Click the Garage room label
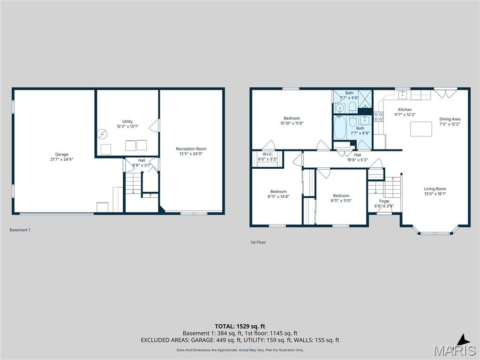tap(62, 154)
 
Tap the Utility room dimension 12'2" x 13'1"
tap(127, 127)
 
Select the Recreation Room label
tap(191, 149)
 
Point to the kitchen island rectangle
tap(421, 129)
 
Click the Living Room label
tap(435, 189)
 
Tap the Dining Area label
tap(450, 119)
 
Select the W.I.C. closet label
tap(268, 154)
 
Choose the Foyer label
tap(384, 201)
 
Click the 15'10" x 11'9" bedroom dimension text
tap(292, 124)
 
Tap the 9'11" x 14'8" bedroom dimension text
tap(278, 197)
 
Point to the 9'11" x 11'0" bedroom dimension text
tap(341, 201)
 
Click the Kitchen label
tap(405, 110)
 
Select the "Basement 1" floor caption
tap(20, 230)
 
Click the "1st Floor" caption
tap(258, 242)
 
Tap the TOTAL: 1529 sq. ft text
tap(240, 326)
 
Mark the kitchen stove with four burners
tap(378, 116)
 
